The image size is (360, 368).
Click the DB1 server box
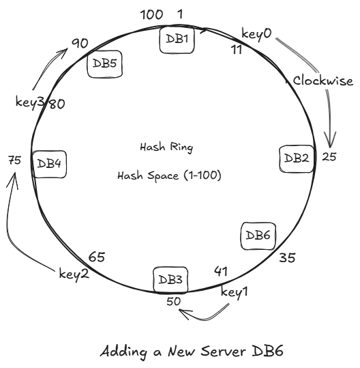point(177,40)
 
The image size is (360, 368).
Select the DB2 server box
point(297,158)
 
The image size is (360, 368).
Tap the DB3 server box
point(170,279)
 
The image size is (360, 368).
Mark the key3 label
point(30,102)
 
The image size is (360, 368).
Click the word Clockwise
point(323,81)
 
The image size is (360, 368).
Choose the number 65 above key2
point(96,257)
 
